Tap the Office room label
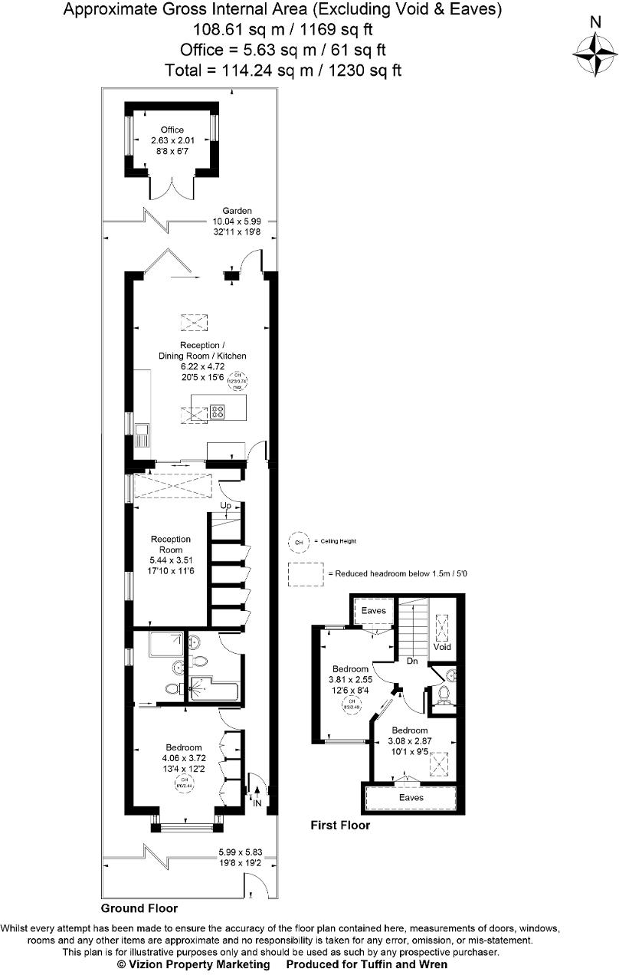click(172, 130)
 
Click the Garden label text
click(237, 211)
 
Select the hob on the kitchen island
click(218, 413)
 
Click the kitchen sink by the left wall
click(142, 435)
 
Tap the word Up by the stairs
click(226, 507)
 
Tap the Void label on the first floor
click(442, 647)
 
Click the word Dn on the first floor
click(411, 660)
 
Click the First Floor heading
click(340, 826)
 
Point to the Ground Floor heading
click(139, 908)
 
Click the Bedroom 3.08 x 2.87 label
click(410, 730)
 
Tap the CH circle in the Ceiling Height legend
click(299, 541)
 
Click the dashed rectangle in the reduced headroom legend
click(306, 575)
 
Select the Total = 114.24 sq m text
click(283, 71)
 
